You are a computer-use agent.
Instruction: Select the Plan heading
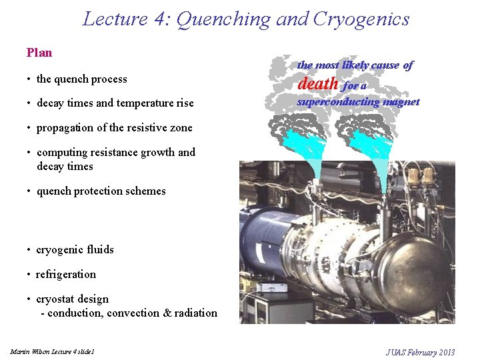pyautogui.click(x=39, y=53)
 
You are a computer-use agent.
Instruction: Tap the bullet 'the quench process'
pyautogui.click(x=81, y=79)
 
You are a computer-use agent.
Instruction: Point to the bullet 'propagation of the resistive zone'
pyautogui.click(x=114, y=128)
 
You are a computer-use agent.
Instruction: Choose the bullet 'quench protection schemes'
pyautogui.click(x=101, y=191)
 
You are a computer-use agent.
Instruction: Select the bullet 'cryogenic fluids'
pyautogui.click(x=75, y=250)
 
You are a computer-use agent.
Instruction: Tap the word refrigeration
pyautogui.click(x=66, y=275)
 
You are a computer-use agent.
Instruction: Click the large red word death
pyautogui.click(x=318, y=84)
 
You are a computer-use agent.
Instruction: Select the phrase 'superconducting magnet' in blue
pyautogui.click(x=358, y=102)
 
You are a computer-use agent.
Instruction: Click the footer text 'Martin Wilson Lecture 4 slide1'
pyautogui.click(x=53, y=351)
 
